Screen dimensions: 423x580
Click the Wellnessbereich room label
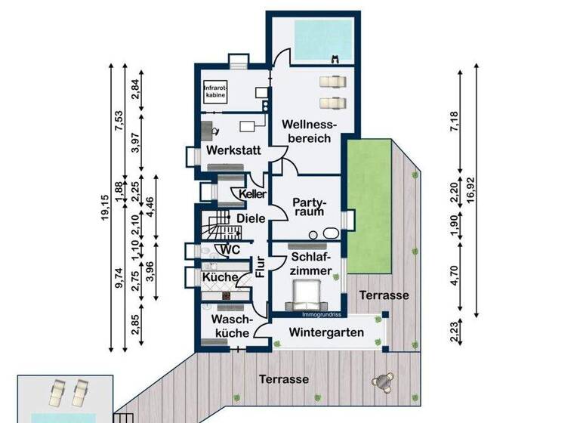click(307, 133)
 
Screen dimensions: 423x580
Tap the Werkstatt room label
click(233, 151)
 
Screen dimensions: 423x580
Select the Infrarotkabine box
click(215, 92)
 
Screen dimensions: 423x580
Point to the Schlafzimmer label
click(310, 264)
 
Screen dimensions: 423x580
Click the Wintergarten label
click(325, 333)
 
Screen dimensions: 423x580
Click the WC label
click(230, 250)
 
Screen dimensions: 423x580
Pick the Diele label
click(250, 219)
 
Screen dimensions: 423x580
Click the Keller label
click(252, 194)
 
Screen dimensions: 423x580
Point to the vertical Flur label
click(260, 269)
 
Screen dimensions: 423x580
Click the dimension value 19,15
click(104, 206)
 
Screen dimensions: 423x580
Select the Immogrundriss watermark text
click(324, 313)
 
